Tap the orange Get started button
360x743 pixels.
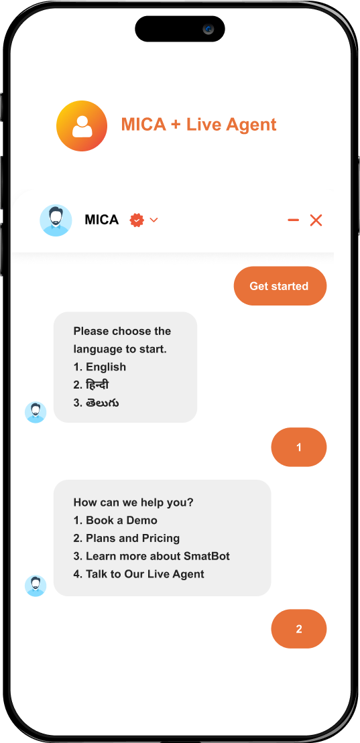(x=280, y=285)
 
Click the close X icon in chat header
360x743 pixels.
(x=316, y=220)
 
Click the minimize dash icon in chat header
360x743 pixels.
(x=293, y=220)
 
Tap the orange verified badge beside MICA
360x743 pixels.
(x=137, y=220)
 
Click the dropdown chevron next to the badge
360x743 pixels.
(x=154, y=220)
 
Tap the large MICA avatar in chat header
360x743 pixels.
(x=56, y=220)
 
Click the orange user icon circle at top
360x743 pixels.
(x=82, y=126)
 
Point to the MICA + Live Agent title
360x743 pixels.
(x=198, y=125)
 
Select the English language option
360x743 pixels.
(x=100, y=366)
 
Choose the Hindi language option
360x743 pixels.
(x=91, y=385)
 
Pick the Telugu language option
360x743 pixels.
(x=97, y=403)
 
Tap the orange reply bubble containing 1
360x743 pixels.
(x=299, y=447)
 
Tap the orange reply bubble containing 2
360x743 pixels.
(x=299, y=629)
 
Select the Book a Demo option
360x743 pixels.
(x=115, y=521)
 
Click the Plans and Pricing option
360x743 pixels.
(x=127, y=538)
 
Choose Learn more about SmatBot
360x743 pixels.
(x=152, y=556)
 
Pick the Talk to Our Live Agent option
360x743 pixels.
(x=139, y=574)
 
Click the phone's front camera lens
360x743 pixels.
(x=208, y=29)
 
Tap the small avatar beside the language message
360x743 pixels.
(x=36, y=412)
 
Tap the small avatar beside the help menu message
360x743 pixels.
(x=36, y=586)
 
